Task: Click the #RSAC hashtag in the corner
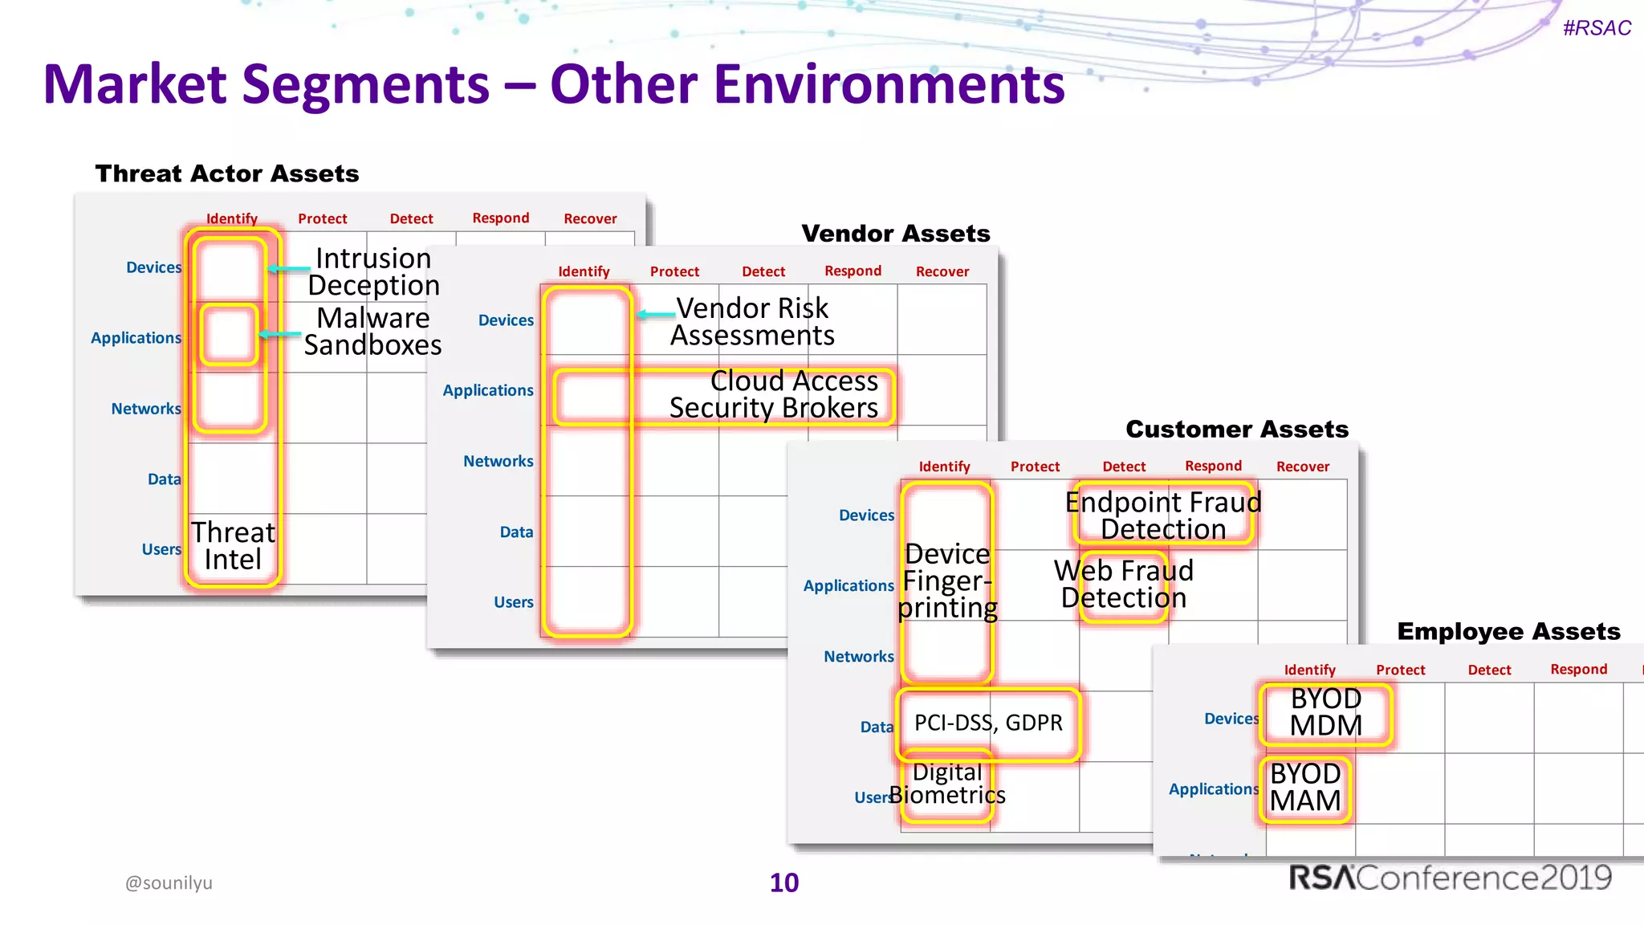click(1596, 28)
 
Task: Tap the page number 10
click(783, 882)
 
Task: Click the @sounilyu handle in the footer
click(169, 882)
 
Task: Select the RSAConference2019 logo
click(1450, 878)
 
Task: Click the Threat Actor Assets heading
click(227, 173)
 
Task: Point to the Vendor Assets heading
click(895, 234)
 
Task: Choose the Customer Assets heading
click(1236, 429)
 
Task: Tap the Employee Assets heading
click(1508, 631)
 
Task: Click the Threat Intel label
click(233, 546)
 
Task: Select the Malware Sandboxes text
click(372, 331)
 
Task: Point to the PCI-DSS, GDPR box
click(988, 723)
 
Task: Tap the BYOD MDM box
click(1325, 713)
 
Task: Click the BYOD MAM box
click(1305, 788)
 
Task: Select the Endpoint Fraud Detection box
click(1162, 515)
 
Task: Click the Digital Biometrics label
click(947, 784)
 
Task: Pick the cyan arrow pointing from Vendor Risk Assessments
click(656, 315)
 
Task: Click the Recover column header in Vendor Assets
click(942, 271)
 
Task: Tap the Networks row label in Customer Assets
click(858, 657)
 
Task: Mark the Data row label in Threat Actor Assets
click(164, 479)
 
